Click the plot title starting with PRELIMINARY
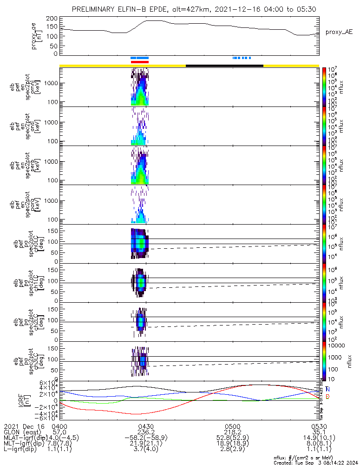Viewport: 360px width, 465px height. pyautogui.click(x=195, y=9)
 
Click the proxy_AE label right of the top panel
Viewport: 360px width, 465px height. pyautogui.click(x=339, y=32)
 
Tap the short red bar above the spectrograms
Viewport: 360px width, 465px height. pyautogui.click(x=139, y=61)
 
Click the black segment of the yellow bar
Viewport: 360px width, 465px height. pyautogui.click(x=224, y=66)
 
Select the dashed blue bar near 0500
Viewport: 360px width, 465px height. pyautogui.click(x=242, y=58)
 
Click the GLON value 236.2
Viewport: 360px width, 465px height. pyautogui.click(x=146, y=432)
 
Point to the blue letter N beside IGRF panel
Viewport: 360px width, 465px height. pyautogui.click(x=327, y=389)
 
